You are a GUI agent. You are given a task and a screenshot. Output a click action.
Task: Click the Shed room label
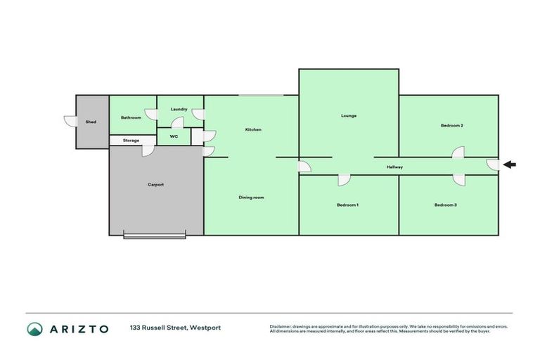pyautogui.click(x=91, y=122)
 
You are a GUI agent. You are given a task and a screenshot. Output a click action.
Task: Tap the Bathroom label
pyautogui.click(x=131, y=117)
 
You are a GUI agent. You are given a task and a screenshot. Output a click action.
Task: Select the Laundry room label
pyautogui.click(x=179, y=109)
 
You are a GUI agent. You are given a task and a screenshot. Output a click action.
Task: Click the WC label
pyautogui.click(x=174, y=136)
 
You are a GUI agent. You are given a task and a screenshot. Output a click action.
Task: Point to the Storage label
pyautogui.click(x=131, y=141)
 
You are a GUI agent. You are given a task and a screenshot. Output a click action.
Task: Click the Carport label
pyautogui.click(x=155, y=184)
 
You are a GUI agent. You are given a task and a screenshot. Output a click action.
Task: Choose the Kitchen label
pyautogui.click(x=253, y=130)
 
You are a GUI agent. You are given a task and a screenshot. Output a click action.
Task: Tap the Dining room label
pyautogui.click(x=251, y=198)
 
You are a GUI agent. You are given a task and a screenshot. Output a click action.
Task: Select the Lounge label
pyautogui.click(x=349, y=115)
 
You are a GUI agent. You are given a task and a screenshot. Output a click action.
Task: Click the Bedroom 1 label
pyautogui.click(x=347, y=205)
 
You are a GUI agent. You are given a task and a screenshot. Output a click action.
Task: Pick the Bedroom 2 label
pyautogui.click(x=451, y=125)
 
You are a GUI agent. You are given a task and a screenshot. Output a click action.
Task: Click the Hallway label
pyautogui.click(x=394, y=167)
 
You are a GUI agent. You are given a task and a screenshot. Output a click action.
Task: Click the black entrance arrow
pyautogui.click(x=510, y=165)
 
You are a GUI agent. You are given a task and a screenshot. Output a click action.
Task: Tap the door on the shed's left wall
pyautogui.click(x=69, y=122)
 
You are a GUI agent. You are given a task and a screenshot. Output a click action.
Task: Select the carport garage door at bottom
pyautogui.click(x=155, y=236)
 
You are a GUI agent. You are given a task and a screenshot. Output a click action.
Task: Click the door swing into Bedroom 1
pyautogui.click(x=344, y=180)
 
